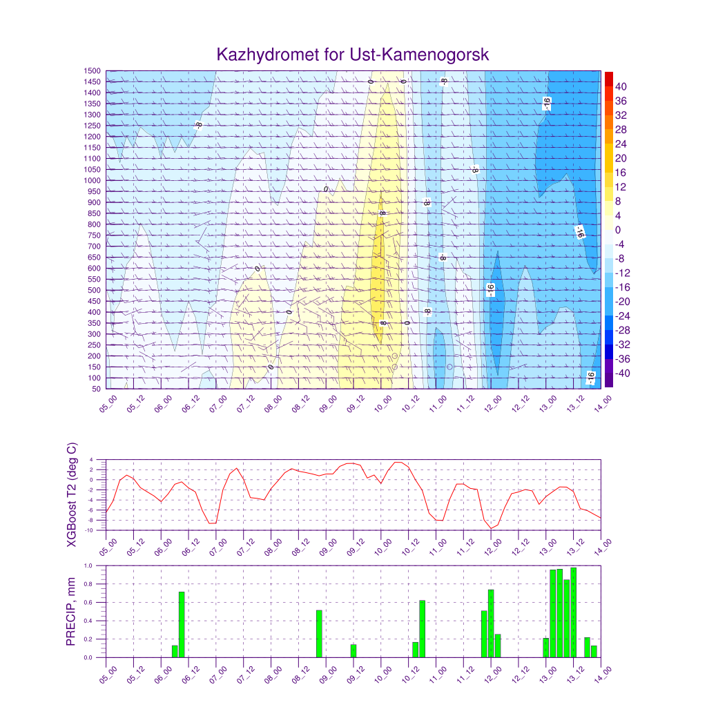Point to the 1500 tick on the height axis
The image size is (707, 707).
click(93, 70)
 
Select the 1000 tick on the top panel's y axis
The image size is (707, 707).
click(93, 181)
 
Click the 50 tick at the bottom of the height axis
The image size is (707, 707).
click(96, 389)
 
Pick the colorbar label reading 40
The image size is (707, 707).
click(621, 86)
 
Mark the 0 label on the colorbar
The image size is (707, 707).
click(618, 230)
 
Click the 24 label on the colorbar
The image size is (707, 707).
click(621, 144)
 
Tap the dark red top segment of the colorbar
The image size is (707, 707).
click(608, 78)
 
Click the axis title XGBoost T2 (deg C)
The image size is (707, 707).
click(71, 496)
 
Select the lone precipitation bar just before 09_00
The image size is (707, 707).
click(319, 634)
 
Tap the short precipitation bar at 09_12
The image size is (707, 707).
click(353, 650)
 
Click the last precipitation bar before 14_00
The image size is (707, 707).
click(594, 651)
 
